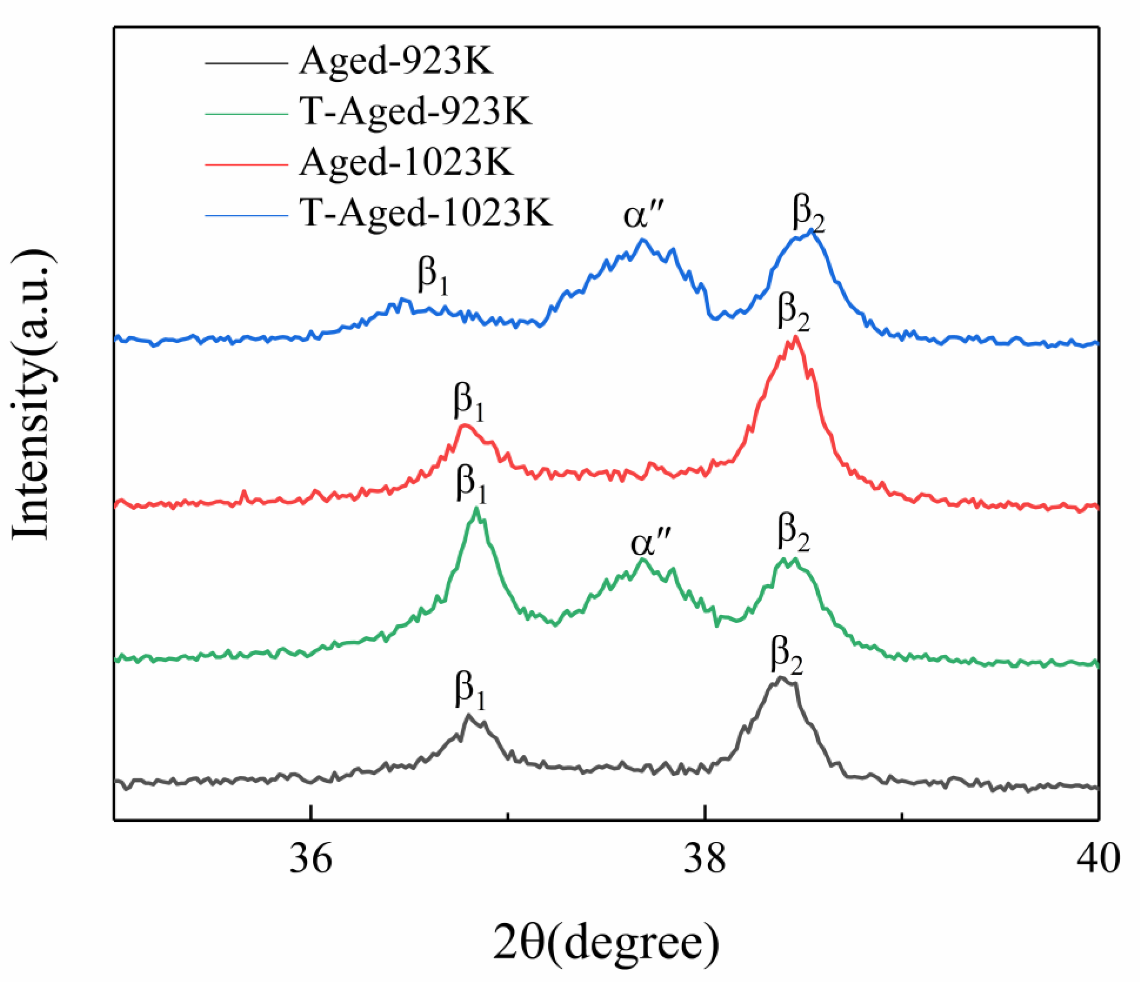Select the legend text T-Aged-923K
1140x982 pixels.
416,112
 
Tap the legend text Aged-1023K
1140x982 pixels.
406,163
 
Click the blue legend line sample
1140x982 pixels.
246,215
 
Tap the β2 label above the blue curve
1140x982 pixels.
808,215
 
